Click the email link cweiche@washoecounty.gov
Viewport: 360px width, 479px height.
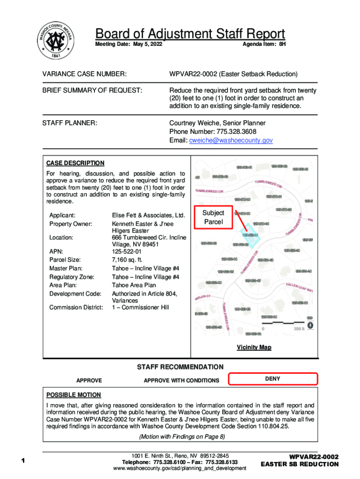pos(230,140)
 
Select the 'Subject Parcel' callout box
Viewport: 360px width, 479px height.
pos(213,217)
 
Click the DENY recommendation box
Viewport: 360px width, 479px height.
pos(273,379)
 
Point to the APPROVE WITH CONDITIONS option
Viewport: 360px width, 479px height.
pos(181,380)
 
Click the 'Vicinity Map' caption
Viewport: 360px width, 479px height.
pos(254,347)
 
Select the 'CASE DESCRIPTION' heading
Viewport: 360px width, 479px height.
pos(75,163)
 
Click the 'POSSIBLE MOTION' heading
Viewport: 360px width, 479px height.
pos(73,395)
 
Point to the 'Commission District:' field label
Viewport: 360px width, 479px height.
pos(76,307)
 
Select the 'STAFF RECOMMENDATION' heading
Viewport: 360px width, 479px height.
pos(180,367)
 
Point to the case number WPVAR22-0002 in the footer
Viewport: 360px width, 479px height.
pos(313,457)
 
